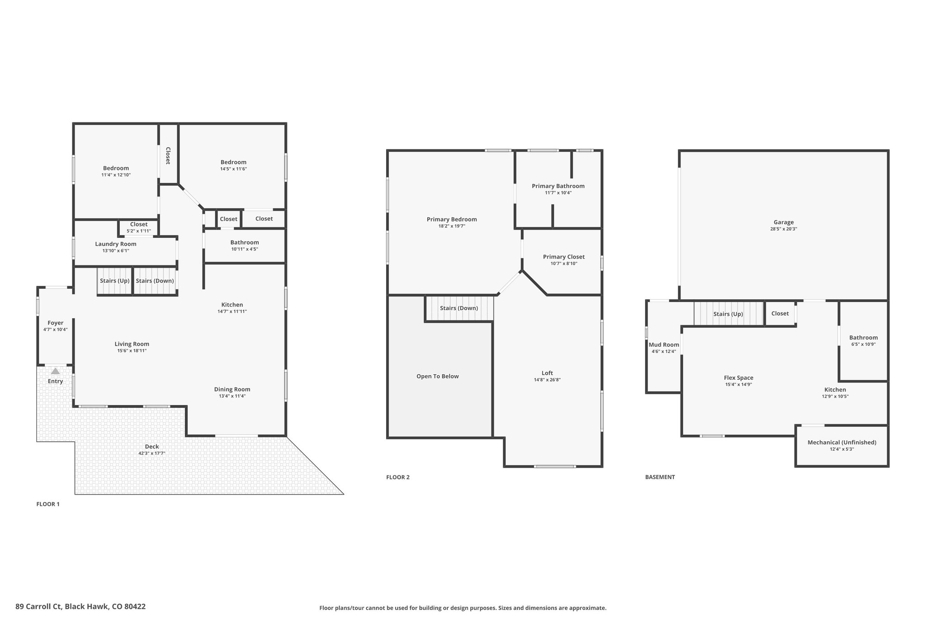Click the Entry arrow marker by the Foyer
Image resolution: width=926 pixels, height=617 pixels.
click(x=55, y=371)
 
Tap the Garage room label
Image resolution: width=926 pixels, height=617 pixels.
click(x=784, y=222)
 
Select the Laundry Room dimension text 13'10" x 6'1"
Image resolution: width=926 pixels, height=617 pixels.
click(x=116, y=250)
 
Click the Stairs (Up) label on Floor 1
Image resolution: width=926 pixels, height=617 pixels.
click(x=115, y=281)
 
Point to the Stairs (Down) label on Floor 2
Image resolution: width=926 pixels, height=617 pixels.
click(x=459, y=308)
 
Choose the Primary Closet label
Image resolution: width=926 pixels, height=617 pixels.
click(x=564, y=257)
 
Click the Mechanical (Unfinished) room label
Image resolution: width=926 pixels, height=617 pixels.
click(x=842, y=442)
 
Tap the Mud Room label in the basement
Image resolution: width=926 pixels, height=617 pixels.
click(x=664, y=344)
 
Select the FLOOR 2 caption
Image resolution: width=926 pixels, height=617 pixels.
click(x=398, y=477)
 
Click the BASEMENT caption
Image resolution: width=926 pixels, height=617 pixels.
click(x=660, y=477)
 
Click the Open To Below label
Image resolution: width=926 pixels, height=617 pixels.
click(x=438, y=376)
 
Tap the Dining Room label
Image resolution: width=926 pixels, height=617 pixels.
click(x=232, y=389)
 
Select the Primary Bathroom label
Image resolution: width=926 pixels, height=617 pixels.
click(x=558, y=186)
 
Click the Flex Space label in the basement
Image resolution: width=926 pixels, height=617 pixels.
click(x=738, y=378)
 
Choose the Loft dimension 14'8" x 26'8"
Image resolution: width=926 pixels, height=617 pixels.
click(x=547, y=380)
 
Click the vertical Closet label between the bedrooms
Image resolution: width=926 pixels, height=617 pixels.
click(x=168, y=155)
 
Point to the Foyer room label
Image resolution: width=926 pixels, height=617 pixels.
click(x=56, y=323)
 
